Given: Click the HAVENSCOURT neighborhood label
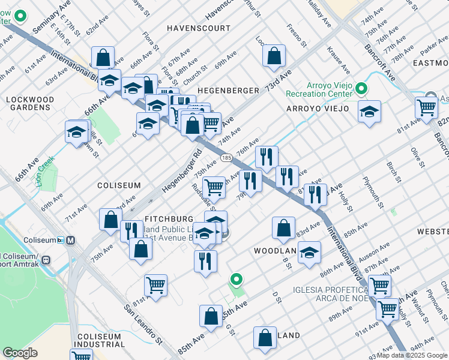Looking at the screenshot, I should (199, 28).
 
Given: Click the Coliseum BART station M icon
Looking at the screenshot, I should (71, 240).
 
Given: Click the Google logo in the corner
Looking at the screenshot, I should (20, 353).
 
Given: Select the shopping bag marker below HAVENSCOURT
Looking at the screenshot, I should (274, 56).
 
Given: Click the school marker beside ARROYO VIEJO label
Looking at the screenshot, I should (369, 112).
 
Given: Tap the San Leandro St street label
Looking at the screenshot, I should (143, 325).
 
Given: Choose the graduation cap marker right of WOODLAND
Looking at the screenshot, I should (309, 253).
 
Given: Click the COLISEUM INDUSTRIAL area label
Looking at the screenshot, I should (99, 340).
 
